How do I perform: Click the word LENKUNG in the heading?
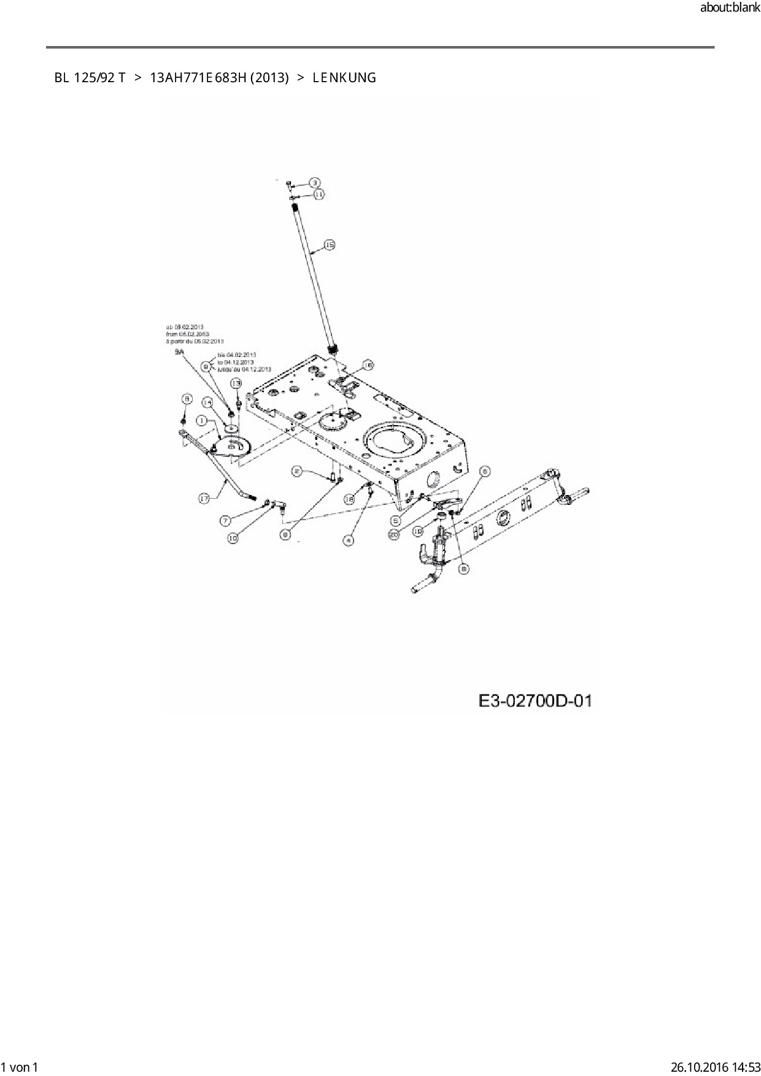tap(344, 78)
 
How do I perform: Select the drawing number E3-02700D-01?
tap(535, 701)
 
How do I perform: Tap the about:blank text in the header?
tap(730, 8)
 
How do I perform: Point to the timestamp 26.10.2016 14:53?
tap(715, 1067)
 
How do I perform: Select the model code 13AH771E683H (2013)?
tap(219, 78)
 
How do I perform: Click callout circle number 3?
tap(314, 183)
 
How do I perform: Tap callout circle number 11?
tap(319, 194)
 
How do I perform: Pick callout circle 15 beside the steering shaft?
tap(329, 245)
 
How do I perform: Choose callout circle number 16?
tap(367, 365)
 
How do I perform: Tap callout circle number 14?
tap(207, 402)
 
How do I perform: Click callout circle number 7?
tap(226, 520)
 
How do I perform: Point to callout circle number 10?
tap(233, 538)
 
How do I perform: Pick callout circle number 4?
tap(349, 540)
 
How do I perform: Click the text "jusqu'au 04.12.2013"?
tap(244, 369)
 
